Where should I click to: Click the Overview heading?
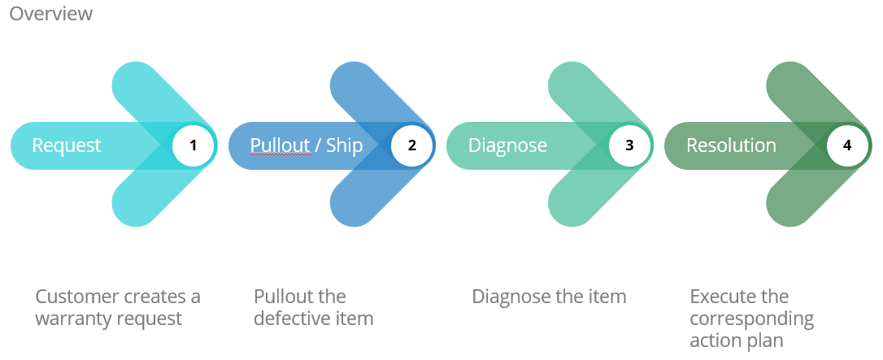50,14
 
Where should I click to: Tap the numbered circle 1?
194,145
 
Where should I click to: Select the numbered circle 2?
412,145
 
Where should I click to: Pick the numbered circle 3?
629,145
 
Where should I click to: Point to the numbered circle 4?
847,145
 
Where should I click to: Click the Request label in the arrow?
67,145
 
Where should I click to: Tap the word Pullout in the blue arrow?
281,145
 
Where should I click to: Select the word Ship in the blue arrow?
346,145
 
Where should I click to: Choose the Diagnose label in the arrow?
507,145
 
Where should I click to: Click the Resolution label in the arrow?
731,145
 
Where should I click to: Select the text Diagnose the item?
549,297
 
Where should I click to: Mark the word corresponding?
751,319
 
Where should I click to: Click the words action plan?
736,340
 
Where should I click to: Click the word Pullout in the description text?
284,297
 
